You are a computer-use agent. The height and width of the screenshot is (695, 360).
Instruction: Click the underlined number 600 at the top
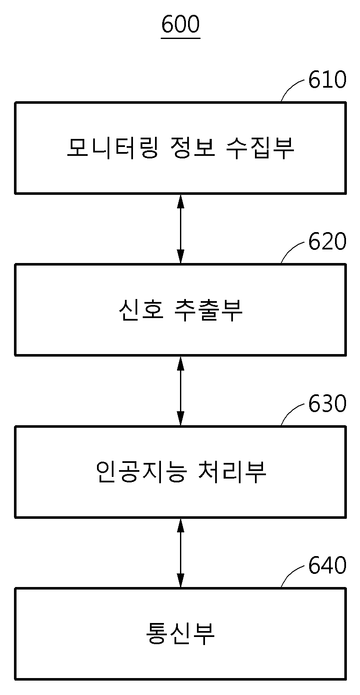click(180, 25)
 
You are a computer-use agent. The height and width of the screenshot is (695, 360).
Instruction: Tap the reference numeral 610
click(327, 80)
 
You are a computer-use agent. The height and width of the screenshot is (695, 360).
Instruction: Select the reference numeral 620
click(327, 242)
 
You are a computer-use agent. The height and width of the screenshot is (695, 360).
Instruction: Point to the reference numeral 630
click(327, 404)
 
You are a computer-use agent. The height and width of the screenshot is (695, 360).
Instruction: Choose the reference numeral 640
click(327, 566)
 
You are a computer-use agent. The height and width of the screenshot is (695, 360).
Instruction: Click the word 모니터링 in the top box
click(113, 148)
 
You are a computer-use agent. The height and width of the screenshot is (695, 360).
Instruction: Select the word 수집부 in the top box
click(260, 148)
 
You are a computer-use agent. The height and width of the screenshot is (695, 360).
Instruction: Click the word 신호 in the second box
click(141, 310)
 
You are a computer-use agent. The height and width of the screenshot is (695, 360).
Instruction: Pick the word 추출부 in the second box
click(208, 310)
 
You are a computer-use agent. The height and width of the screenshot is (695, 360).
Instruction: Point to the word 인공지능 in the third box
click(141, 472)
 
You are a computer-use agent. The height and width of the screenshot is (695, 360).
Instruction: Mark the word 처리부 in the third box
click(232, 472)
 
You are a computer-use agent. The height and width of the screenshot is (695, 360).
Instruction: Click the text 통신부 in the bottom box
click(180, 634)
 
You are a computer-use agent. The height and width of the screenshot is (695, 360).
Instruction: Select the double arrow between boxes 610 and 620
click(180, 229)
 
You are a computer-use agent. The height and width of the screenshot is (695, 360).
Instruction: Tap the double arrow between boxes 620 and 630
click(180, 391)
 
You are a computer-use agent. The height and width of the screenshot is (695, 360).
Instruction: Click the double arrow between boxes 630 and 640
click(180, 553)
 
